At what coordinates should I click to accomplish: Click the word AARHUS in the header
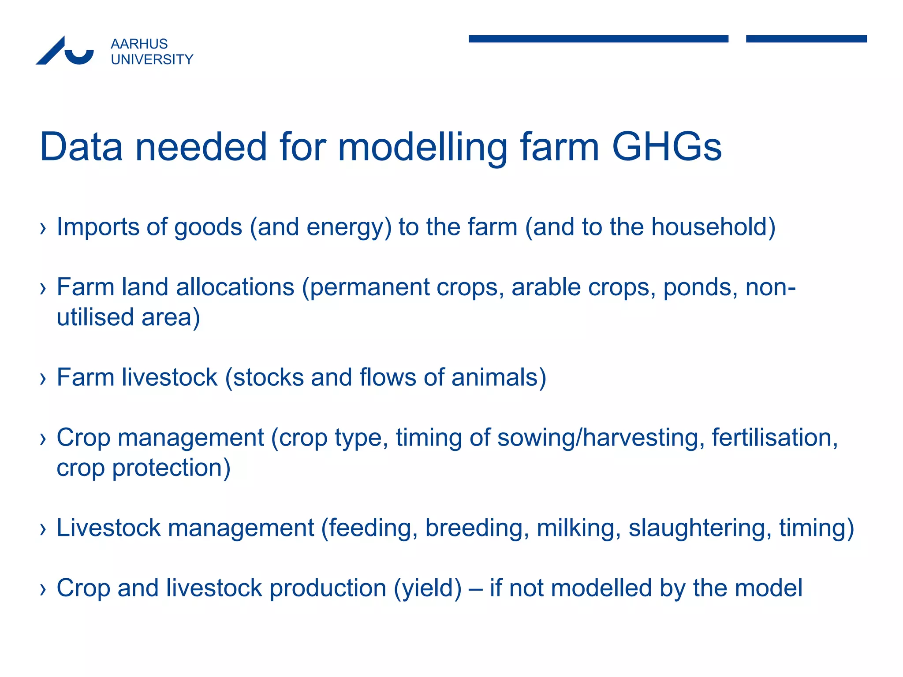pyautogui.click(x=139, y=44)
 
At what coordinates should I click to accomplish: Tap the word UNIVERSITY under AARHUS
pyautogui.click(x=152, y=60)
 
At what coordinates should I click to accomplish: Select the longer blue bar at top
pyautogui.click(x=598, y=39)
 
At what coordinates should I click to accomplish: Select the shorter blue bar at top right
pyautogui.click(x=806, y=39)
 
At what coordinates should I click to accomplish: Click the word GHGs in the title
pyautogui.click(x=666, y=147)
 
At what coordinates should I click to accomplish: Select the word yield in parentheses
pyautogui.click(x=428, y=589)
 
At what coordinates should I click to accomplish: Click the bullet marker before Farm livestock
pyautogui.click(x=43, y=378)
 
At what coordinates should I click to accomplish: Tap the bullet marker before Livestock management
pyautogui.click(x=43, y=528)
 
